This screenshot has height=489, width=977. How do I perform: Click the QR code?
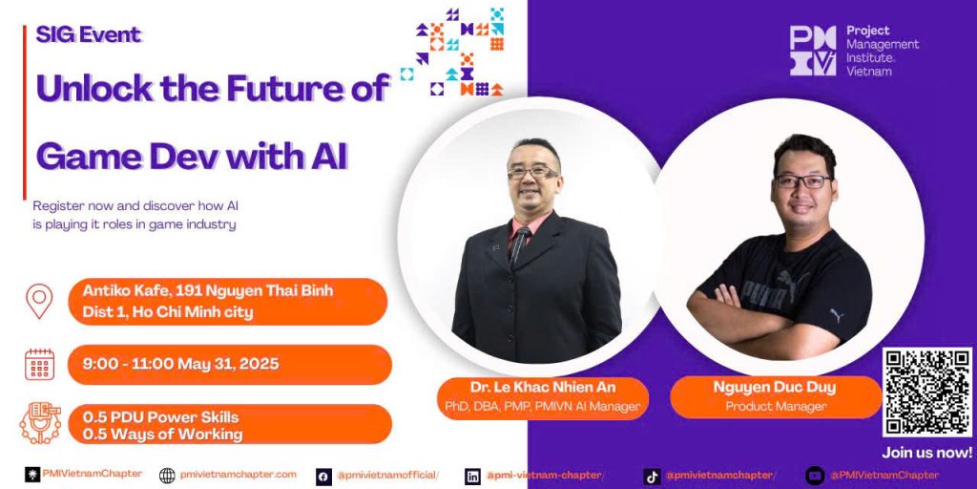pyautogui.click(x=927, y=393)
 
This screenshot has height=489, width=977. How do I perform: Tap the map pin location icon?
pyautogui.click(x=39, y=301)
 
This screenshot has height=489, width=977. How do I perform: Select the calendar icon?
pyautogui.click(x=40, y=364)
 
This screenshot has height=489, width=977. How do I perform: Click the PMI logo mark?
pyautogui.click(x=813, y=51)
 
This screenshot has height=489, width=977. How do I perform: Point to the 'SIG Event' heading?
pyautogui.click(x=89, y=35)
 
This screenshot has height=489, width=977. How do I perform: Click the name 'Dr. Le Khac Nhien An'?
pyautogui.click(x=543, y=388)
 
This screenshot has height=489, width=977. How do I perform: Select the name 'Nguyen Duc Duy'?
pyautogui.click(x=775, y=388)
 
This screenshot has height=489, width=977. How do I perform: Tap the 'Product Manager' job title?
pyautogui.click(x=776, y=407)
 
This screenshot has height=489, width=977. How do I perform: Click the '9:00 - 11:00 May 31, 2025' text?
pyautogui.click(x=180, y=364)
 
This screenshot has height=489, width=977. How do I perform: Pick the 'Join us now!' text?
pyautogui.click(x=927, y=453)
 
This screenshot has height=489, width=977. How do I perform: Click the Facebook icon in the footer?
pyautogui.click(x=323, y=477)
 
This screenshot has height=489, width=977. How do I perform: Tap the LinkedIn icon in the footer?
pyautogui.click(x=473, y=477)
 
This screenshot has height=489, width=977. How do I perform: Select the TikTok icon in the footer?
pyautogui.click(x=652, y=477)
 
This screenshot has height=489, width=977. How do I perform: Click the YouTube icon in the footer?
pyautogui.click(x=815, y=476)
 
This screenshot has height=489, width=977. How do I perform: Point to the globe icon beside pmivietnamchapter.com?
pyautogui.click(x=167, y=476)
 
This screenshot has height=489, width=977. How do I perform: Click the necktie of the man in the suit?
pyautogui.click(x=518, y=245)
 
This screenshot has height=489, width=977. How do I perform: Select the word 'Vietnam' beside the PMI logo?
pyautogui.click(x=868, y=71)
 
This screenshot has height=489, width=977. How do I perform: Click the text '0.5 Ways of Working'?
pyautogui.click(x=163, y=435)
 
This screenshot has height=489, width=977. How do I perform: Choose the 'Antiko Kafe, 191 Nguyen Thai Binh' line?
pyautogui.click(x=208, y=290)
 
